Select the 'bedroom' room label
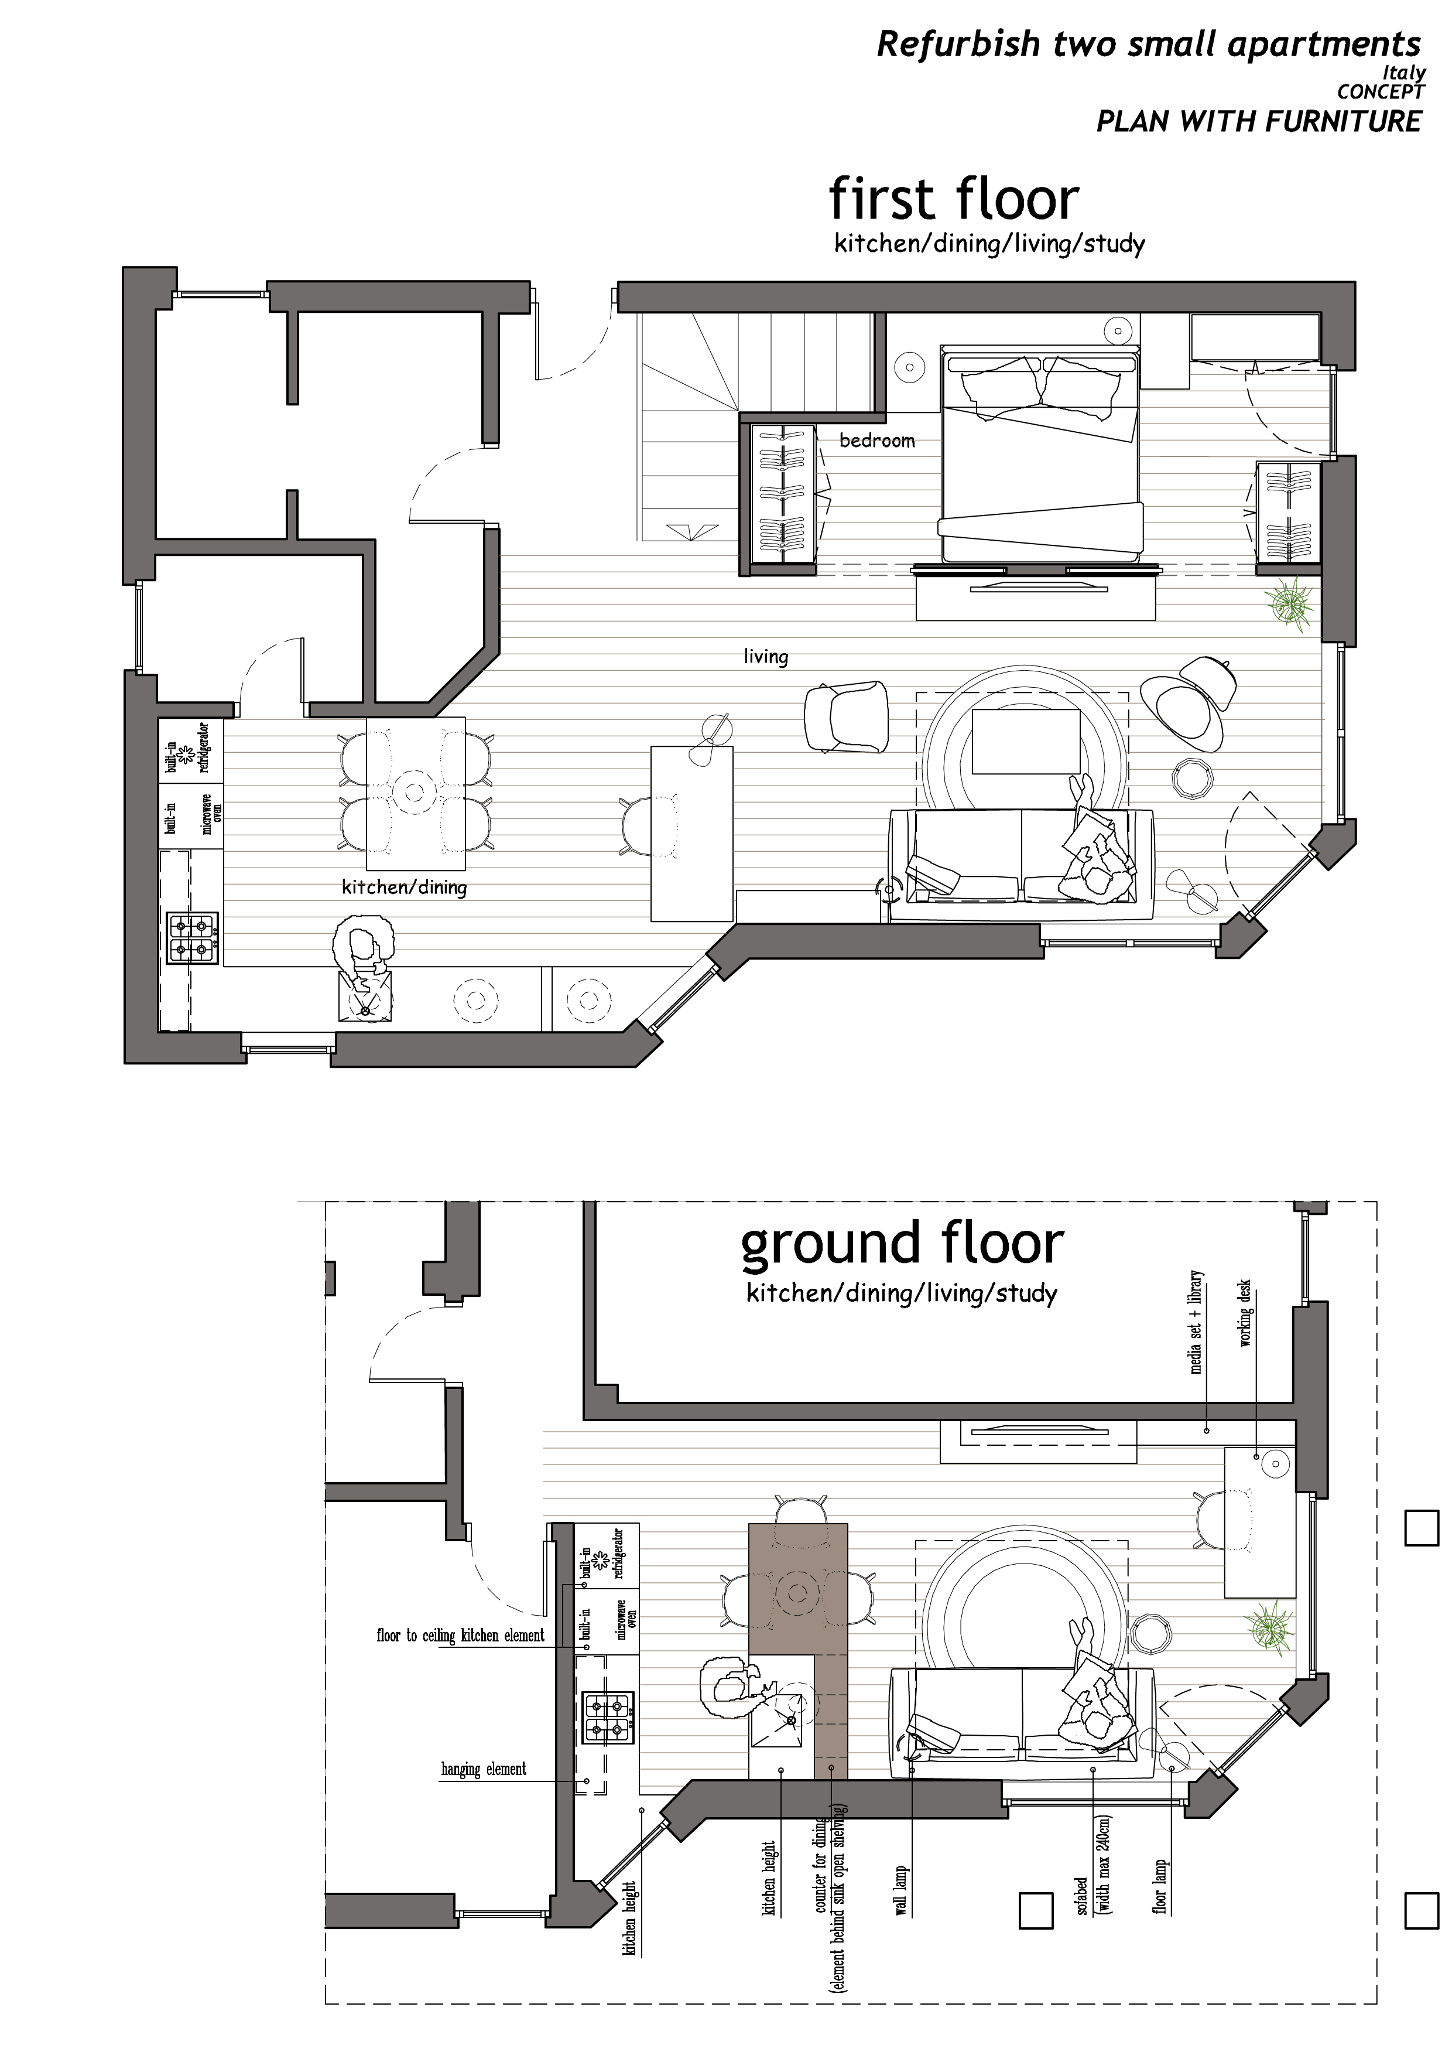pos(876,441)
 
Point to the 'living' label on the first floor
pos(766,656)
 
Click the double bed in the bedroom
pos(1040,455)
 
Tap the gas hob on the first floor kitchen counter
pos(193,938)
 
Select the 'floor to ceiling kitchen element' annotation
pos(460,1635)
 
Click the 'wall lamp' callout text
pos(902,1889)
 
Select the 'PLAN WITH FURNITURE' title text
pos(1259,121)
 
